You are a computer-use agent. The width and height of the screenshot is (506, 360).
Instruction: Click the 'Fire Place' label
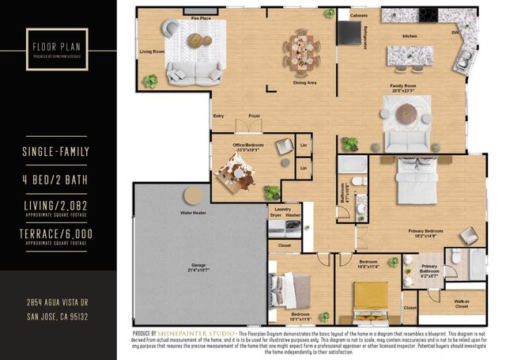pos(200,17)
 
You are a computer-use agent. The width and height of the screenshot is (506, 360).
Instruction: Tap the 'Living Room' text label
pos(151,51)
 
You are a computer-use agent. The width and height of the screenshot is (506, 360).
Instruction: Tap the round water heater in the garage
pos(191,197)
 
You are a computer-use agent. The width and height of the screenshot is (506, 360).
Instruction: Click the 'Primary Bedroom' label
pos(425,233)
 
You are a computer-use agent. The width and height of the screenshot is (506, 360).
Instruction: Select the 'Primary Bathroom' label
pos(429,271)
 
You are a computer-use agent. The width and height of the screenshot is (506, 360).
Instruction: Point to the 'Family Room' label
pos(403,86)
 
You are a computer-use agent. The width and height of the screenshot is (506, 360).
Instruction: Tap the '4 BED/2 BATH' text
pos(58,181)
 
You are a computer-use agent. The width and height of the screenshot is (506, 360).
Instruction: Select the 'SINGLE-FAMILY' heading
pos(58,151)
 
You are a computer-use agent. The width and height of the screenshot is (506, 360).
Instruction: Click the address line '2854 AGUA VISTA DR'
pos(58,303)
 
